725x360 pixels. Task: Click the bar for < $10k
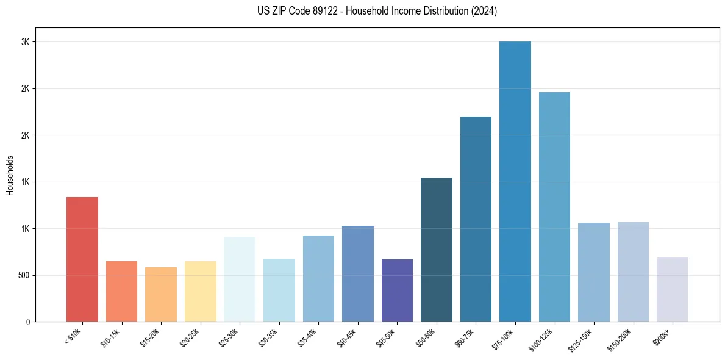click(x=82, y=259)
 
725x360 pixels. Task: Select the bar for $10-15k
click(x=121, y=291)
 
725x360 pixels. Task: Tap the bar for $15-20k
click(x=161, y=294)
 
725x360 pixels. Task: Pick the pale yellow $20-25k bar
click(x=200, y=291)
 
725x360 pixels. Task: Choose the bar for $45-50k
click(x=397, y=290)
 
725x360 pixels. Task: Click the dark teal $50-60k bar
click(x=437, y=250)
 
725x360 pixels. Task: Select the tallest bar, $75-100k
click(x=515, y=182)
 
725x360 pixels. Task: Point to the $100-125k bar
click(x=554, y=207)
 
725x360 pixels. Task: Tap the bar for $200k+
click(x=673, y=289)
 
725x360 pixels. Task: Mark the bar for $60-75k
click(x=476, y=219)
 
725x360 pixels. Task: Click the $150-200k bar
click(x=633, y=272)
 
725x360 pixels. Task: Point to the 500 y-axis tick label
click(x=23, y=275)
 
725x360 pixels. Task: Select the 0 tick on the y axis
click(x=28, y=322)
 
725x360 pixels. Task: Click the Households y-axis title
click(x=10, y=175)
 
